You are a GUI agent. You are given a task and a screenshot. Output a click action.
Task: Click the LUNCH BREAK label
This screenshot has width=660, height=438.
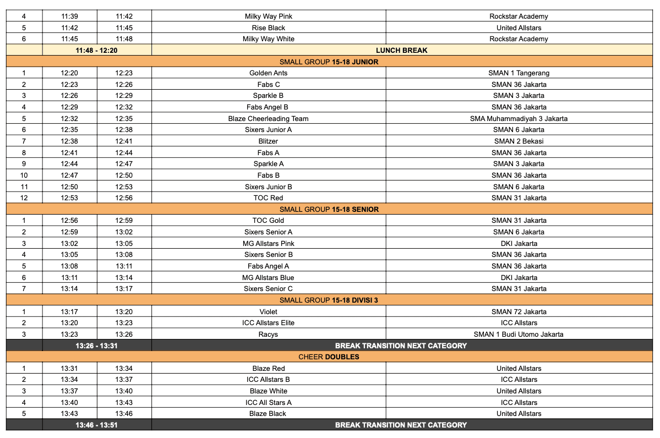[401, 50]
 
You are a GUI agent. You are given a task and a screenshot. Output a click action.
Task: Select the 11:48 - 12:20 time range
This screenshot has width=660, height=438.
[96, 50]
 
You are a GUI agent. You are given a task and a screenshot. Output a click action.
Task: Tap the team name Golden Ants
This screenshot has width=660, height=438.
[269, 73]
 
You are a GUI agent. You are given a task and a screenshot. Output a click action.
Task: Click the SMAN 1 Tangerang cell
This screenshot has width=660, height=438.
[519, 73]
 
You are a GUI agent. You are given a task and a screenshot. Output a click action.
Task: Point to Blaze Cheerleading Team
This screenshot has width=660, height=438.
[269, 118]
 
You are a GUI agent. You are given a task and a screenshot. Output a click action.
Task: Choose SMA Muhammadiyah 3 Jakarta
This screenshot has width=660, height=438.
[519, 118]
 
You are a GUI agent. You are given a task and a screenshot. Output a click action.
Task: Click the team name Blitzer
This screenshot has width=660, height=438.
[269, 141]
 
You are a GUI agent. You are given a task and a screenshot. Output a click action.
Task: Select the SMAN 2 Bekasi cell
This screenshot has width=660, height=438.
[519, 141]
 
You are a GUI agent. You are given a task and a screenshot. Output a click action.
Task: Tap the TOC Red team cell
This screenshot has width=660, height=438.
[269, 198]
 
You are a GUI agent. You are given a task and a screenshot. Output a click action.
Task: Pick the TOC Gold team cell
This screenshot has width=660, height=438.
[269, 221]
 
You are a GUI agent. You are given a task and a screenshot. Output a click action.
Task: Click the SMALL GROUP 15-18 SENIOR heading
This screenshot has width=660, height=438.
[329, 210]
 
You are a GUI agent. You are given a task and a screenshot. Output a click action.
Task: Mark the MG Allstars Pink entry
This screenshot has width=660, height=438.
[269, 244]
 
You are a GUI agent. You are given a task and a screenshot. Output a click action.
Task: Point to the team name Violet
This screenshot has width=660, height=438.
[269, 312]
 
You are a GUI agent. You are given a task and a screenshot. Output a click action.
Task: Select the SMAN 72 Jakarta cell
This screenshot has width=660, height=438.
[519, 312]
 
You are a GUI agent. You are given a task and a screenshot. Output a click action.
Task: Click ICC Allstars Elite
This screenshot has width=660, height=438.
[269, 323]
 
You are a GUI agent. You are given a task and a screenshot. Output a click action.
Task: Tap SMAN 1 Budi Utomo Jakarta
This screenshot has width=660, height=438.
[519, 335]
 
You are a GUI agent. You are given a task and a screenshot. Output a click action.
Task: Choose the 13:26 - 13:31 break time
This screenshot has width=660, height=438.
[96, 346]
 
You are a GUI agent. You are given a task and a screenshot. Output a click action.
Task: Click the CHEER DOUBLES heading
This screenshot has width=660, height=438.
[329, 357]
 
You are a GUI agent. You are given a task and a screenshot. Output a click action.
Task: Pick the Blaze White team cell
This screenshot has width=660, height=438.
[269, 391]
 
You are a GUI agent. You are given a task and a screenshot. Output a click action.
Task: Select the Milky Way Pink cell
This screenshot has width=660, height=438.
[269, 17]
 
